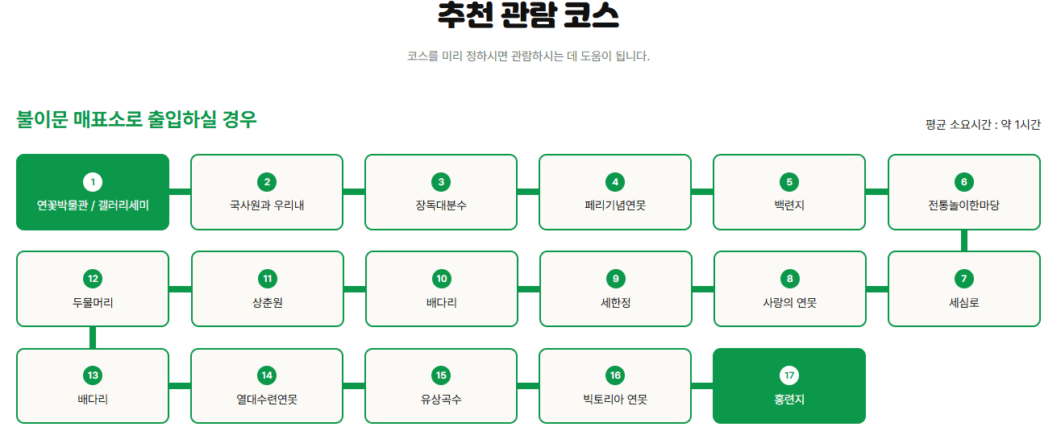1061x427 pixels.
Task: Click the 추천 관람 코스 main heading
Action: click(529, 15)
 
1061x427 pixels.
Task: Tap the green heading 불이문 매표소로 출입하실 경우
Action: click(136, 120)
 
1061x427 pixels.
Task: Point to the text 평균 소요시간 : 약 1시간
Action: click(983, 125)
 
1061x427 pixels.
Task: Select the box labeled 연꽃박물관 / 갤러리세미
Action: click(93, 193)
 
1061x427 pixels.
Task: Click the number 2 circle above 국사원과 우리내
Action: click(267, 182)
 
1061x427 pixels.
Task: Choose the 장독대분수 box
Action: click(441, 193)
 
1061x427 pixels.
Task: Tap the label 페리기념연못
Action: click(615, 205)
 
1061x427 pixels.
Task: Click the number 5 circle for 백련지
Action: click(789, 182)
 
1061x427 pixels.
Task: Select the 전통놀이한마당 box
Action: click(963, 193)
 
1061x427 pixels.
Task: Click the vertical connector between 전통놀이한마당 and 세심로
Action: click(963, 240)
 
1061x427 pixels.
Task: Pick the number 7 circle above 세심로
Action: click(963, 279)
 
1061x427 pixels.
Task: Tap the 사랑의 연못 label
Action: click(789, 303)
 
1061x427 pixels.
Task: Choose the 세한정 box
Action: click(615, 289)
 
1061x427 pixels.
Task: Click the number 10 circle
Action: click(441, 279)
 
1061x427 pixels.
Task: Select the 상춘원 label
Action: click(267, 303)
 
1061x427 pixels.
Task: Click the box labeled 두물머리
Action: click(93, 289)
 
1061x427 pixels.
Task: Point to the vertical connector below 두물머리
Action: click(93, 338)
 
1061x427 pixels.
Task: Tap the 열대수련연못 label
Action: click(267, 400)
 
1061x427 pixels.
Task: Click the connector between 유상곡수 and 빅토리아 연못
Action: click(528, 386)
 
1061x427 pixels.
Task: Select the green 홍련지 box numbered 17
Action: click(789, 386)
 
